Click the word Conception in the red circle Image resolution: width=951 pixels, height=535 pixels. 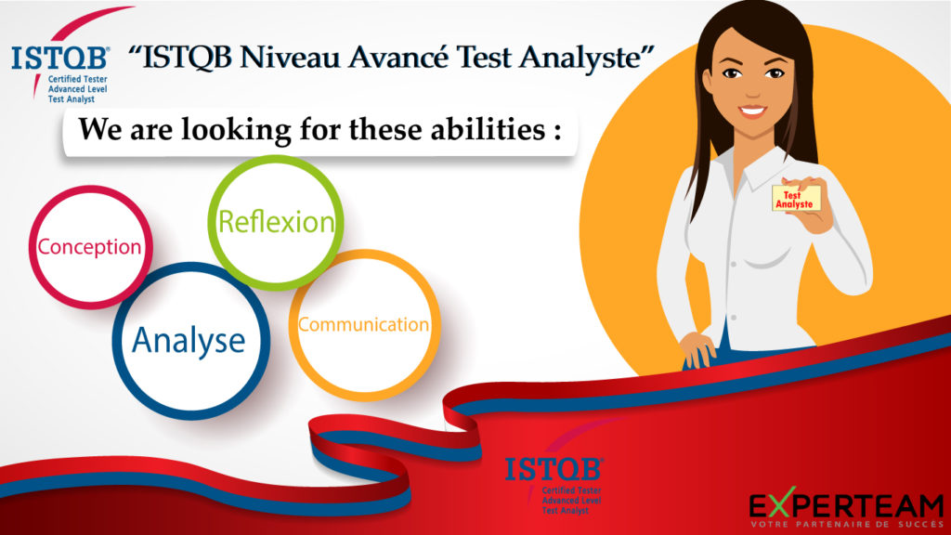pyautogui.click(x=89, y=247)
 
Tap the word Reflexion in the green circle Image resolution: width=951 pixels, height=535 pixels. pyautogui.click(x=276, y=221)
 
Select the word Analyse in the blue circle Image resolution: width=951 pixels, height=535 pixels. pyautogui.click(x=189, y=340)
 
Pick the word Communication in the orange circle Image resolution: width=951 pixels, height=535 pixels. pyautogui.click(x=363, y=324)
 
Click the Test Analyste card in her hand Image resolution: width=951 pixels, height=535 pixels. pyautogui.click(x=796, y=199)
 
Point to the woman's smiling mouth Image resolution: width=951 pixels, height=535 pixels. pyautogui.click(x=752, y=111)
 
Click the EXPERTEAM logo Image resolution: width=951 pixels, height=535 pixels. pyautogui.click(x=846, y=507)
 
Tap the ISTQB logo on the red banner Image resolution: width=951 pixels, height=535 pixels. pyautogui.click(x=554, y=484)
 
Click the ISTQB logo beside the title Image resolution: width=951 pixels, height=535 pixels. pyautogui.click(x=60, y=67)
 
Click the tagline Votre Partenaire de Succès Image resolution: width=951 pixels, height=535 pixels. pyautogui.click(x=847, y=524)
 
